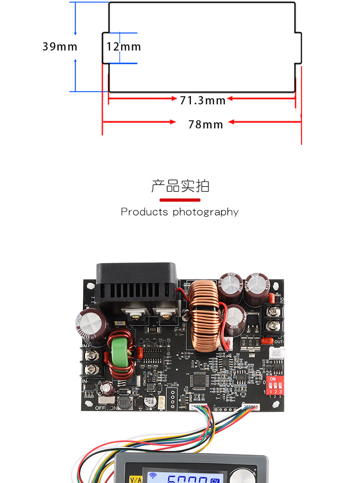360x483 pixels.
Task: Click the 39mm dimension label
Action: tap(60, 46)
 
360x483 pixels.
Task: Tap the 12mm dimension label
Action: tap(123, 46)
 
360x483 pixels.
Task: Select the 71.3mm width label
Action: tap(202, 100)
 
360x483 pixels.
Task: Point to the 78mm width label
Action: tap(206, 124)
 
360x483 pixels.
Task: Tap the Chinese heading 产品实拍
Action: tap(180, 186)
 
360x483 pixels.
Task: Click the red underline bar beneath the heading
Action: tap(180, 200)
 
